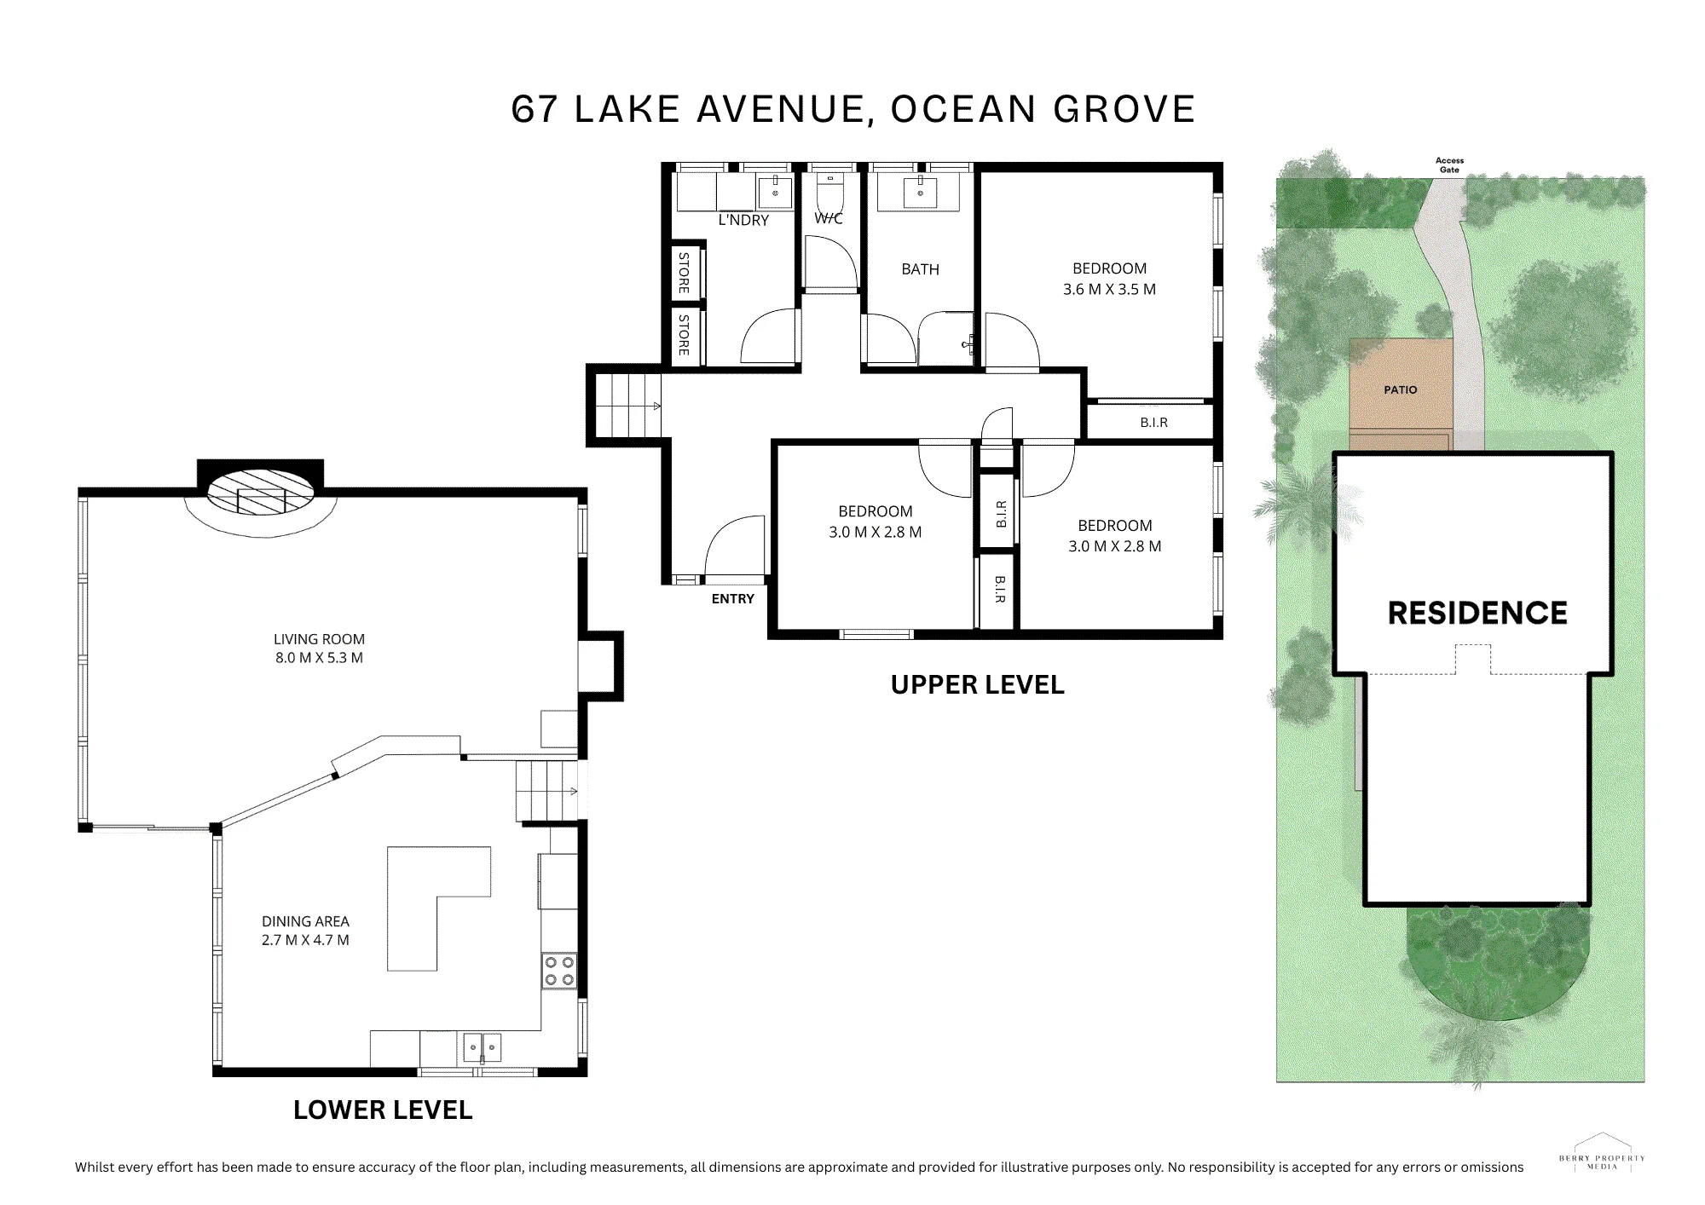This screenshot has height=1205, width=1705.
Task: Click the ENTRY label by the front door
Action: click(x=733, y=599)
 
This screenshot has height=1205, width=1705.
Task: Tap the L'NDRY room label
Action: click(x=743, y=220)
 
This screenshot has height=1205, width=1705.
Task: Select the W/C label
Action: click(x=829, y=219)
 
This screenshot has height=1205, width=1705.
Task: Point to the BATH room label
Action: click(x=921, y=269)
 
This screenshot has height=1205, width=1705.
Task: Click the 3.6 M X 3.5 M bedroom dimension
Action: click(x=1109, y=289)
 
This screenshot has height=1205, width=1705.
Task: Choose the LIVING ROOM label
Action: click(x=319, y=639)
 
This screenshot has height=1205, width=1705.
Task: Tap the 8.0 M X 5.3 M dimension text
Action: click(x=319, y=658)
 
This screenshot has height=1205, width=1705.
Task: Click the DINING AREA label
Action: click(x=305, y=921)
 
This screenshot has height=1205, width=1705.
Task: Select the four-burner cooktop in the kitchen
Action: click(x=559, y=971)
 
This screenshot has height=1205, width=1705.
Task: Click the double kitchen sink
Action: click(x=483, y=1046)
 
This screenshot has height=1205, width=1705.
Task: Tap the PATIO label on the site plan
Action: click(x=1401, y=389)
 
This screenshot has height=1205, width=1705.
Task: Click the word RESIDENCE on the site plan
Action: click(x=1477, y=614)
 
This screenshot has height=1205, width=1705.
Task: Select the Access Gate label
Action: click(x=1449, y=165)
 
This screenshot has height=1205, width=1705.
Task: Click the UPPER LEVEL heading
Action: click(x=977, y=685)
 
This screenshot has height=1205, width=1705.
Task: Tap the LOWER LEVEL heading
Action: click(x=383, y=1110)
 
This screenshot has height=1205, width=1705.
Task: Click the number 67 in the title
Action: click(x=535, y=110)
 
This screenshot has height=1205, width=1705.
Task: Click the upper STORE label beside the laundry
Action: click(x=684, y=273)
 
